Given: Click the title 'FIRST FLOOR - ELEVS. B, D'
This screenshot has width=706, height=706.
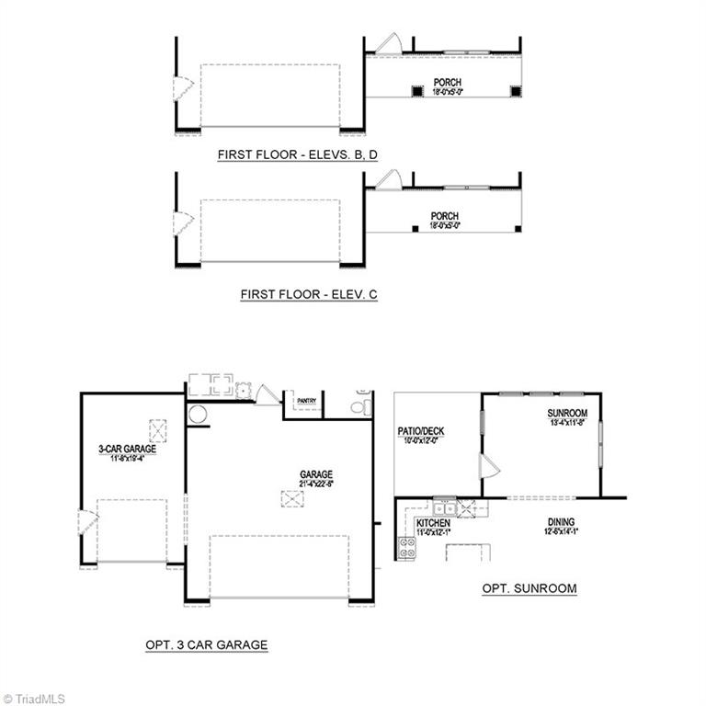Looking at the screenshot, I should (x=297, y=155).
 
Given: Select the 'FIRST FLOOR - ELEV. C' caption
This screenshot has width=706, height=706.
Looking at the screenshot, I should (x=309, y=294).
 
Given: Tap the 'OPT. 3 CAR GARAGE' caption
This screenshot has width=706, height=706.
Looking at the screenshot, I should (x=206, y=644).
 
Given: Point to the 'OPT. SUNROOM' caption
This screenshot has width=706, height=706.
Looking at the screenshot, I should (x=529, y=588).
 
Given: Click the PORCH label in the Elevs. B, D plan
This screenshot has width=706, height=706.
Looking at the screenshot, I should (x=448, y=82).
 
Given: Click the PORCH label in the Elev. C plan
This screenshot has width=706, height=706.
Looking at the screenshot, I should (x=444, y=217).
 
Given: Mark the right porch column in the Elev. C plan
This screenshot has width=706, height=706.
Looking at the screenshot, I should (x=517, y=228).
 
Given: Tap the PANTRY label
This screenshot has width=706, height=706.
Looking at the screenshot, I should (x=305, y=401).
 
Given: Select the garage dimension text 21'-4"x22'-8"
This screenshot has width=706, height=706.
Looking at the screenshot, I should (x=315, y=484).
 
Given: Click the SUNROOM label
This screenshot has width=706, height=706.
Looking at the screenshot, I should (x=566, y=414).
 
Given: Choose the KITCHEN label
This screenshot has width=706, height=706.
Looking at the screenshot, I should (x=433, y=522).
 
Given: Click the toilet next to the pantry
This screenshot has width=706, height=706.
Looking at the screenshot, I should (x=360, y=404).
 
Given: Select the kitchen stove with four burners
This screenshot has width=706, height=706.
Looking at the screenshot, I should (x=405, y=549).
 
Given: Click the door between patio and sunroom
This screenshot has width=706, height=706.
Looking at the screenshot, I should (x=488, y=467).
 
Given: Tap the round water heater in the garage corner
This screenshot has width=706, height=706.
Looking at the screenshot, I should (x=197, y=415).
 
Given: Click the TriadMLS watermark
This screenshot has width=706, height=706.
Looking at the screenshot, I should (x=35, y=698).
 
